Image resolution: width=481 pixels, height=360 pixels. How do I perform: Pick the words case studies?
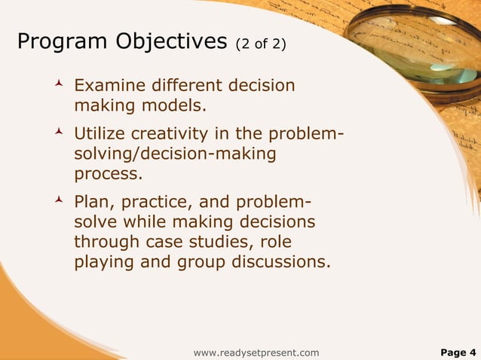207,243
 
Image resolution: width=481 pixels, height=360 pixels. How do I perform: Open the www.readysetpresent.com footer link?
256,352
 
